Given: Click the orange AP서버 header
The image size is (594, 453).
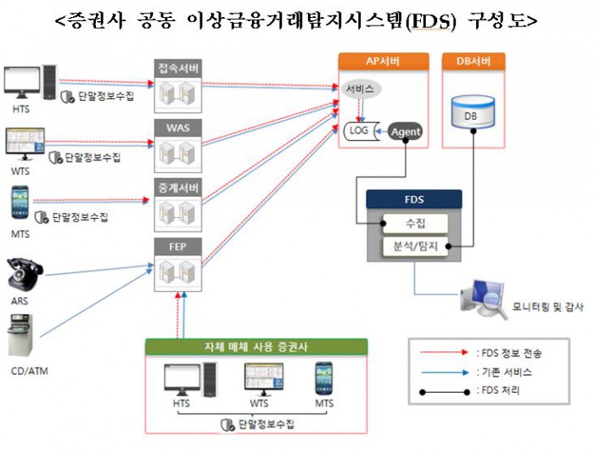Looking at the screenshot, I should (381, 62).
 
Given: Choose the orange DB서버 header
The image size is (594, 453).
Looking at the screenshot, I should (474, 62).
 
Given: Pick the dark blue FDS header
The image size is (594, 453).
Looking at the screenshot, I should (414, 200).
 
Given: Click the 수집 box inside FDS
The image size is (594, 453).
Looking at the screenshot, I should (415, 224).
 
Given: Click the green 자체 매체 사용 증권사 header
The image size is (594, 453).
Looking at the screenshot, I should (256, 347).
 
